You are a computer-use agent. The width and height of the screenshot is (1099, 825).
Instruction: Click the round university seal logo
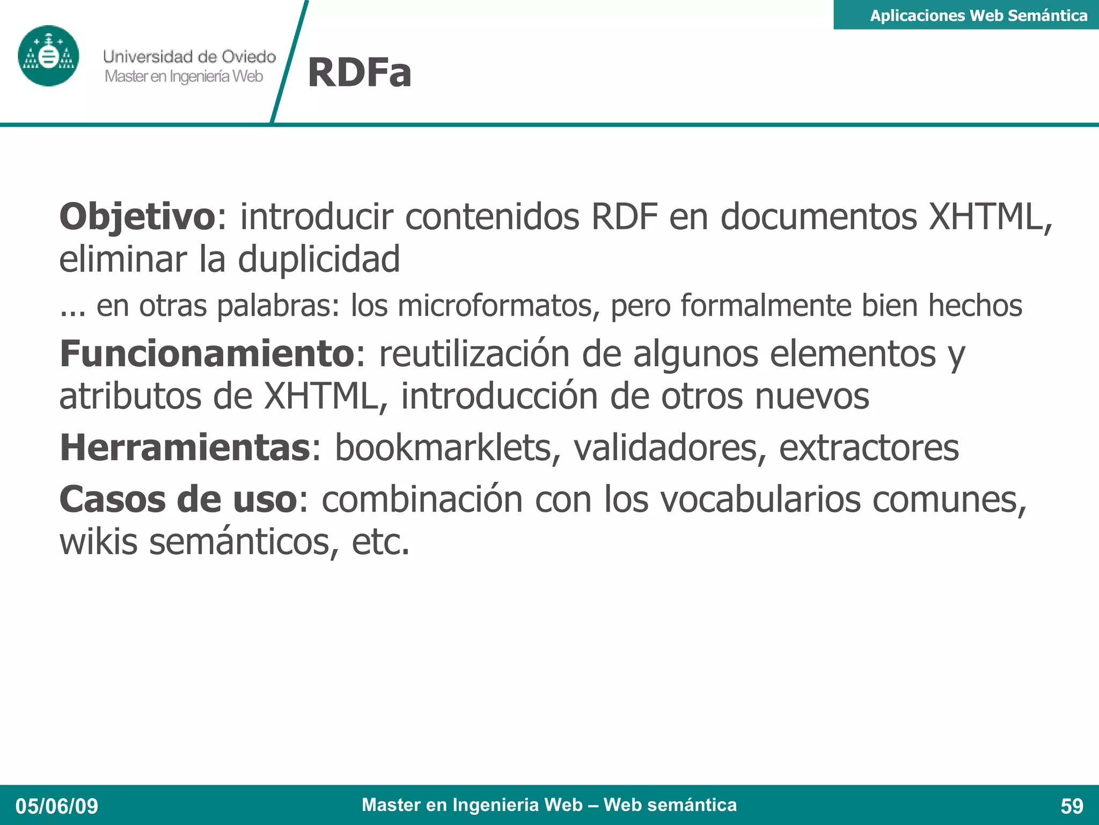coord(48,56)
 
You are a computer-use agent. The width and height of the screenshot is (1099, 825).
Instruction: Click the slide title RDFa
coord(359,73)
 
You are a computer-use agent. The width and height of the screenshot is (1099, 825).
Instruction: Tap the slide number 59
coord(1072,806)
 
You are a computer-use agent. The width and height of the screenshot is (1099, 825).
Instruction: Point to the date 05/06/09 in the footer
coord(57,806)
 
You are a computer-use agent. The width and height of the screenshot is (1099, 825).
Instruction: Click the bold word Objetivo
coord(137,218)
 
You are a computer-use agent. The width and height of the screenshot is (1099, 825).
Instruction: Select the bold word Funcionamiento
coord(207,354)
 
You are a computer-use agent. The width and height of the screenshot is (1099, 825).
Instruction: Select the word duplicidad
coord(319,259)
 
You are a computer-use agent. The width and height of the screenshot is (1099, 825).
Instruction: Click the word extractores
coord(869,447)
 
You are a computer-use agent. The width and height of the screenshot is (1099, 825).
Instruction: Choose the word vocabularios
coord(760,499)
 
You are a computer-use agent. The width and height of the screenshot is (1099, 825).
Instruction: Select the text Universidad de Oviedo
coord(189,56)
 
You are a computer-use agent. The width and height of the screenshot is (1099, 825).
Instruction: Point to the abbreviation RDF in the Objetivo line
coord(624,218)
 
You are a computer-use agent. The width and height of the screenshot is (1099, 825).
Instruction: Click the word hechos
coord(975,306)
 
